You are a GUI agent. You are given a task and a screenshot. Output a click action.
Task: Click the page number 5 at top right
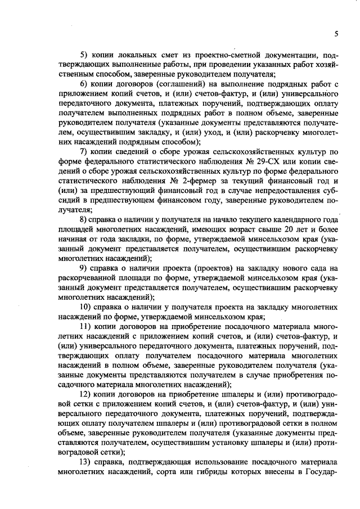tap(335, 34)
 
